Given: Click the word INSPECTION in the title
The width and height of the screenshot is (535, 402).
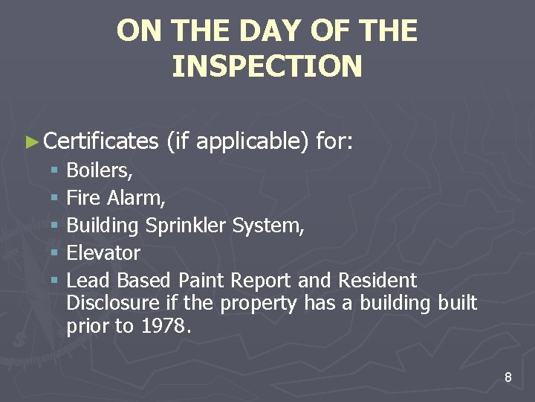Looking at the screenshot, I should click(x=267, y=66).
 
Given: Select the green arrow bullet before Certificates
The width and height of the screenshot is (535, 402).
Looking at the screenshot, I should click(x=30, y=141).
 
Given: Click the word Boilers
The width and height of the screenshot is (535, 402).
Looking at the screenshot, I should click(x=99, y=170).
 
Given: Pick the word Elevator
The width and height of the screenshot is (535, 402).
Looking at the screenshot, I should click(x=103, y=253).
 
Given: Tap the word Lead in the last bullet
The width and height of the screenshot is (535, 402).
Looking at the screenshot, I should click(x=83, y=281).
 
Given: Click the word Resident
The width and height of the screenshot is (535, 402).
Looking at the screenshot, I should click(x=377, y=281).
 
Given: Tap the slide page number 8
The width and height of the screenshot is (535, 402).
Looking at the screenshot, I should click(x=508, y=377).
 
